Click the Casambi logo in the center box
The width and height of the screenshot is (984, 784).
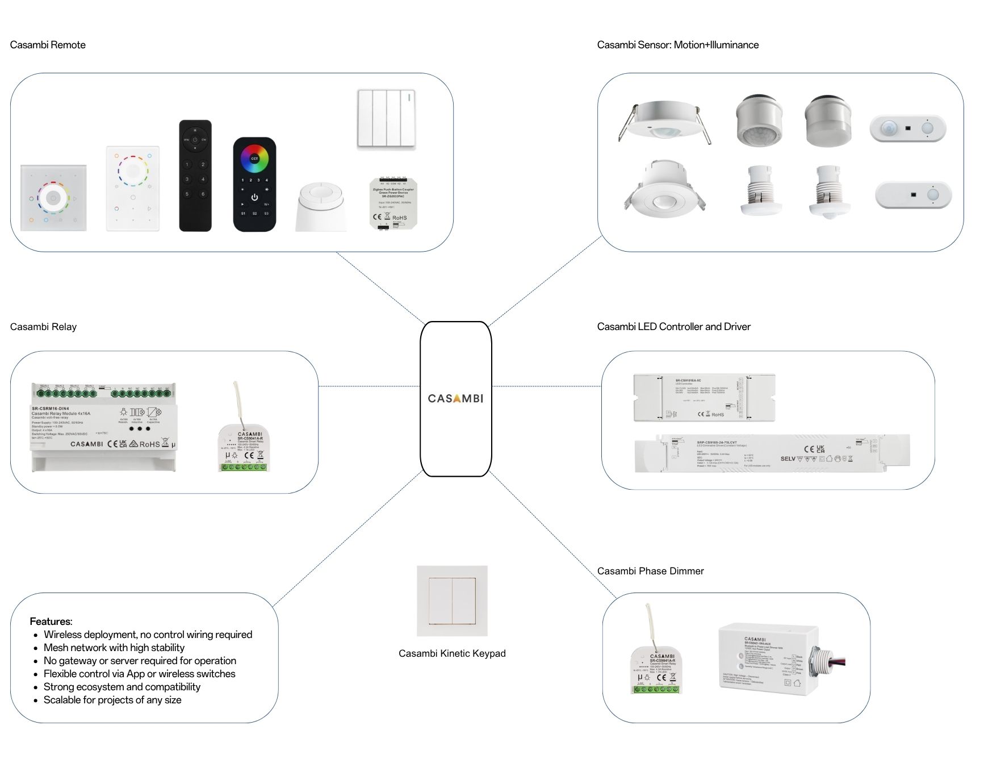tap(455, 398)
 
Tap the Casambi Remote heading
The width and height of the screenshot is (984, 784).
tap(48, 45)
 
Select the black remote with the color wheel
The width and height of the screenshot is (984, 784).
tap(254, 184)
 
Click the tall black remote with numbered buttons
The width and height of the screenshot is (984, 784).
tap(195, 175)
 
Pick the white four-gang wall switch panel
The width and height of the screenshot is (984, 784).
tap(386, 119)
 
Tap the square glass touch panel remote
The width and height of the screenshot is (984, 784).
tap(53, 198)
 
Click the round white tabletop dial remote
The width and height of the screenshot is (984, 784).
tap(321, 207)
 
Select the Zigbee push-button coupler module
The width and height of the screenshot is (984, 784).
tap(393, 203)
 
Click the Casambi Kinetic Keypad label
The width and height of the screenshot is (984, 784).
tap(452, 653)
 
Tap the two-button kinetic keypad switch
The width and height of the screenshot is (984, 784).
tap(452, 600)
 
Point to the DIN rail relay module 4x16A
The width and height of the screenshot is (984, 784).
tap(103, 427)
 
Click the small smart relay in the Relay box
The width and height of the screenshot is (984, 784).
tap(244, 447)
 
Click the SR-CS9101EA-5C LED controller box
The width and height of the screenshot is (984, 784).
tap(704, 398)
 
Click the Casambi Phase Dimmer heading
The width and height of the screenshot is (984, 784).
tap(650, 571)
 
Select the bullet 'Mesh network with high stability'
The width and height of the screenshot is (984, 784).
tap(114, 648)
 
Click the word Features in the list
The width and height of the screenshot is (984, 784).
tap(51, 621)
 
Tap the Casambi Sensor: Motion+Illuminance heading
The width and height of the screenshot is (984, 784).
tap(677, 45)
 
